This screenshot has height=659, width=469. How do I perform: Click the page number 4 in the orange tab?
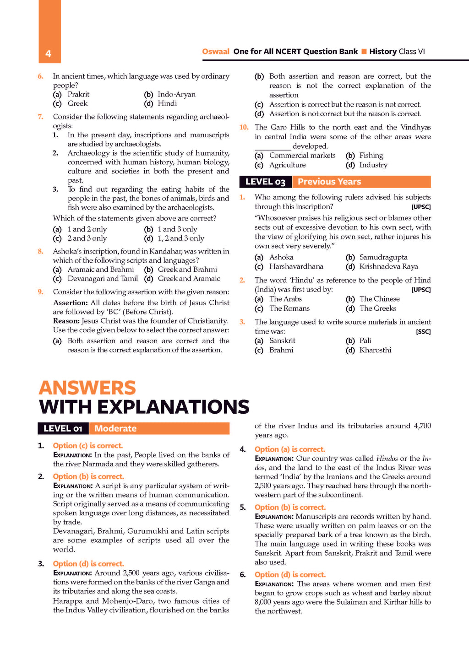(x=48, y=54)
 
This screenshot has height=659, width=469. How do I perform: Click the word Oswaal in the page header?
(x=216, y=51)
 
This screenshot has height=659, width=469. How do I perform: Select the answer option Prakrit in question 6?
(x=78, y=94)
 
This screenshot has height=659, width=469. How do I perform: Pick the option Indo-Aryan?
(x=176, y=94)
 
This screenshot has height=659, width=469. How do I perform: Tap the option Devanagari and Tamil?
(x=103, y=279)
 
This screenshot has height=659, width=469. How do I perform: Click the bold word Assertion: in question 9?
(x=71, y=302)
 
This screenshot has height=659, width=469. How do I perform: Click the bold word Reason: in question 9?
(x=66, y=321)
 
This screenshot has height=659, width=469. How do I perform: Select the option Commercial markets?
(x=302, y=156)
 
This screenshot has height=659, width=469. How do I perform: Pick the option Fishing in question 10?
(x=371, y=156)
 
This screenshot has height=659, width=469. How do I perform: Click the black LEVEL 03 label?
(x=265, y=182)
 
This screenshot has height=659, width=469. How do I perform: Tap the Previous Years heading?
(x=329, y=182)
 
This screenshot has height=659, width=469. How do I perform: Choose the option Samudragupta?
(x=383, y=257)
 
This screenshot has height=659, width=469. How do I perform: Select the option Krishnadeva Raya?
(x=388, y=266)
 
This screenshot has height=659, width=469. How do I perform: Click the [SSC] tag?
(x=423, y=332)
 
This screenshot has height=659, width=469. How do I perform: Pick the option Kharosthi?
(x=375, y=350)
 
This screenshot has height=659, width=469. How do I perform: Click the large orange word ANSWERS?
(x=87, y=388)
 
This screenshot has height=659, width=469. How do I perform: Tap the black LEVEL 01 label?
(x=63, y=428)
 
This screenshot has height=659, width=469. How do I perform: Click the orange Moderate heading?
(x=115, y=428)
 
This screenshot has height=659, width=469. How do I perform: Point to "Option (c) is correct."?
(x=88, y=446)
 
